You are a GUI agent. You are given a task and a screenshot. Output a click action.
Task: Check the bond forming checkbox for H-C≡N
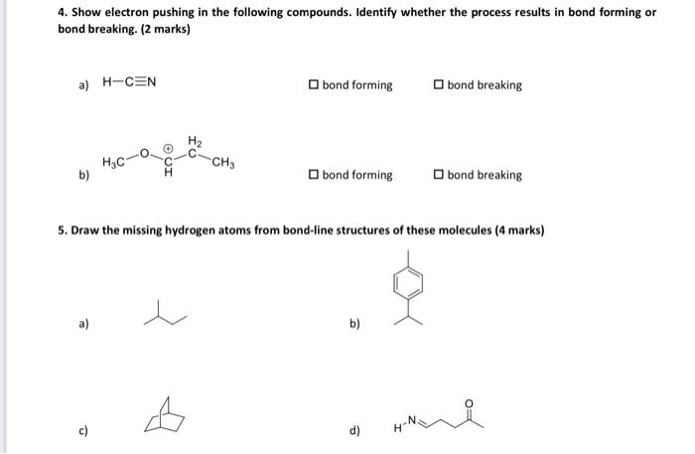tap(314, 85)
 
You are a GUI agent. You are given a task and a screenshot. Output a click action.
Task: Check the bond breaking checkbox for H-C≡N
tap(439, 85)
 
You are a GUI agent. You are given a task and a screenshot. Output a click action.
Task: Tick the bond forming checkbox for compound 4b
tap(314, 176)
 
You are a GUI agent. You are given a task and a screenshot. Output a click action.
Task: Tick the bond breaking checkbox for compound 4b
tap(439, 176)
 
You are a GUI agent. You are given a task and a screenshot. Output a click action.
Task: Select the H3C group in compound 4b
tap(113, 162)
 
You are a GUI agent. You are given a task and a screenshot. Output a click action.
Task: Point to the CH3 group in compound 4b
tap(224, 163)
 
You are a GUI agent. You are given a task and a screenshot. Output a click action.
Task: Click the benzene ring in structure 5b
tap(410, 282)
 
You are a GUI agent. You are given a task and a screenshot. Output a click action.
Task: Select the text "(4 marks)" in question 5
tap(518, 229)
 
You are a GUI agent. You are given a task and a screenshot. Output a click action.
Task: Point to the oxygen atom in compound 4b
tap(144, 154)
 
